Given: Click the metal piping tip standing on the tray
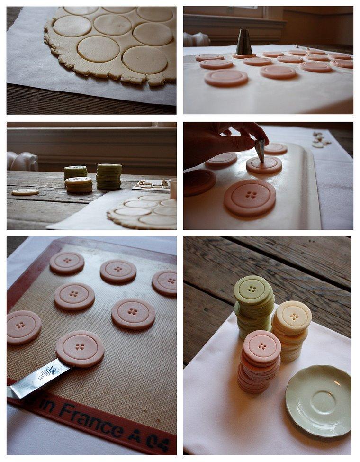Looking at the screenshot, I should [244, 43].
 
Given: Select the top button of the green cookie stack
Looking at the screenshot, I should [252, 289].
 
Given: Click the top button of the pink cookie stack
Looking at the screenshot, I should [262, 346].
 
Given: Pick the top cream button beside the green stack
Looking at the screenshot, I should [294, 317].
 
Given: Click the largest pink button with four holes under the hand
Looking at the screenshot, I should [250, 197].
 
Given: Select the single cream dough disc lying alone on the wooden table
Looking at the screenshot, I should [25, 192].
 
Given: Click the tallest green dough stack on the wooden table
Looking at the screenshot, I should [109, 177].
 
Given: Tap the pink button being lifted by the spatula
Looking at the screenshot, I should [80, 348].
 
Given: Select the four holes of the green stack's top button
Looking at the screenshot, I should [252, 289].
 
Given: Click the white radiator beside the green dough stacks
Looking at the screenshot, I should [22, 161].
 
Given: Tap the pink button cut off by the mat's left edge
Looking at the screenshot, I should [23, 327].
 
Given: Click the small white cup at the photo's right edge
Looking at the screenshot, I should [173, 189].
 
